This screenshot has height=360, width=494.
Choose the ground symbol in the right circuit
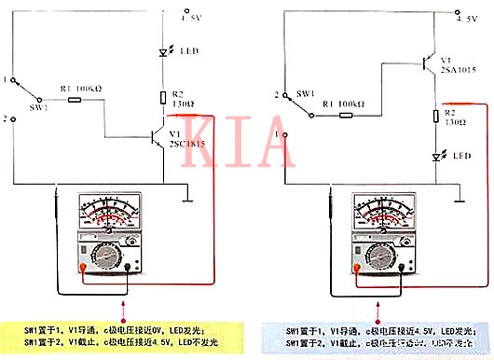[457, 198]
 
